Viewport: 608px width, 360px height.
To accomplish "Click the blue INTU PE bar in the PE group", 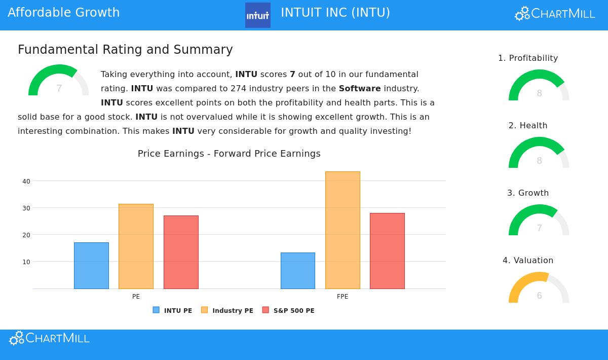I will tap(91, 266).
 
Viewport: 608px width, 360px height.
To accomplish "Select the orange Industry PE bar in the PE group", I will tap(136, 246).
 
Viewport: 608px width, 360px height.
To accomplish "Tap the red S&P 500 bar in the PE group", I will tap(181, 252).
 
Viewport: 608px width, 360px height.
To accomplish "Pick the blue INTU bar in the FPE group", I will tap(298, 271).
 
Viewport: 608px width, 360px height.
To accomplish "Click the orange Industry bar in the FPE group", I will tap(343, 230).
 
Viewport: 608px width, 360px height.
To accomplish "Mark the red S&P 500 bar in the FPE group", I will tap(387, 251).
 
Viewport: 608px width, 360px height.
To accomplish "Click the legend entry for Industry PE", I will tap(227, 310).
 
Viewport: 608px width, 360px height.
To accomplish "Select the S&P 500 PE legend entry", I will tap(288, 310).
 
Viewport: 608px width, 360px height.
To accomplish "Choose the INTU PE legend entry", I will tap(173, 310).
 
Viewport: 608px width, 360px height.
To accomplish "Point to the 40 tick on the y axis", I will tap(26, 181).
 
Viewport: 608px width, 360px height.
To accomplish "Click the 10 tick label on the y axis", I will tap(26, 262).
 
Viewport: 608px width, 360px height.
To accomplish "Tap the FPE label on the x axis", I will tap(343, 297).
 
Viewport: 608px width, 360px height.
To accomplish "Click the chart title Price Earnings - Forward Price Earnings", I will tap(229, 154).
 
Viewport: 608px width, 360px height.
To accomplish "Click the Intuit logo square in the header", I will tap(258, 15).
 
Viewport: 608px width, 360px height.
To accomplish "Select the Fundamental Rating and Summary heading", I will tap(125, 50).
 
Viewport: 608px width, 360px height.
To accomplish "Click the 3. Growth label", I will tap(528, 193).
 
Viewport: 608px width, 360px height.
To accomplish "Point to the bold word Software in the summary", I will tap(360, 88).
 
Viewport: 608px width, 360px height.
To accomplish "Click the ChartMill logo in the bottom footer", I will tap(50, 338).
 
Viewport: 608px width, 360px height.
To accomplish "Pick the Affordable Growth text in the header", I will tap(64, 13).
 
